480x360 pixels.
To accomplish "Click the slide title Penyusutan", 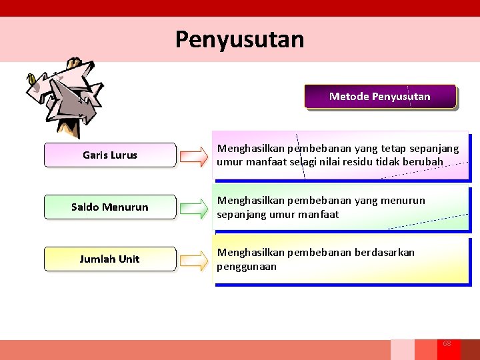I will click(x=239, y=39).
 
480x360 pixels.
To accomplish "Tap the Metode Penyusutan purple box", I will click(x=380, y=97).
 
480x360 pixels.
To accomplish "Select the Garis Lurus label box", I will click(x=110, y=155).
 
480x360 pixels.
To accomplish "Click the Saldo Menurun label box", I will click(x=110, y=207).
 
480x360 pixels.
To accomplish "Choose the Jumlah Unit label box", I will click(x=110, y=259).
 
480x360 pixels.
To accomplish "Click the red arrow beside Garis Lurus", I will click(x=194, y=157).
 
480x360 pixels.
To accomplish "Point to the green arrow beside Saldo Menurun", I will click(x=194, y=208).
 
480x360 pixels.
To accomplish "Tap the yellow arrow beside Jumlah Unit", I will click(x=194, y=260).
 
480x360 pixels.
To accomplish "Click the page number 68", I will click(x=447, y=344).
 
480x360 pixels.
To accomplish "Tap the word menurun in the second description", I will click(x=403, y=200).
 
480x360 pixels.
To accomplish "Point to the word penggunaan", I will click(x=246, y=266).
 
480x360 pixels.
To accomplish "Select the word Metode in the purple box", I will click(x=349, y=97).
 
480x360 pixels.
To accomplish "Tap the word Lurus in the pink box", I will click(x=124, y=155).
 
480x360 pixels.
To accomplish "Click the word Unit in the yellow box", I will click(x=128, y=259).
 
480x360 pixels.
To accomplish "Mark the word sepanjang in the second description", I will click(x=239, y=214).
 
